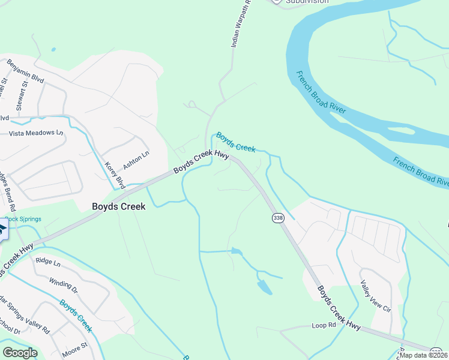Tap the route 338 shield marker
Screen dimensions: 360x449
(277, 217)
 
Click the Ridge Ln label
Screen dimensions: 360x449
(49, 262)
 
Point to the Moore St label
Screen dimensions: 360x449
(75, 346)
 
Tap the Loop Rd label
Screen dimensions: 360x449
(322, 325)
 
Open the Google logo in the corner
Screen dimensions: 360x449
(20, 352)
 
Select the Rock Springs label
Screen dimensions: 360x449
(19, 219)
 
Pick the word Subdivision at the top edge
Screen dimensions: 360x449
(307, 2)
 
